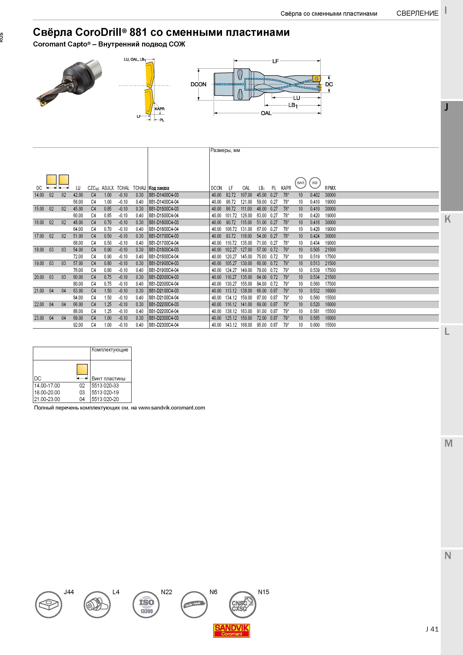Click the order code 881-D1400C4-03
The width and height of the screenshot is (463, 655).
[x=164, y=195]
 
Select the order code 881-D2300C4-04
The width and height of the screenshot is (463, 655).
[x=164, y=325]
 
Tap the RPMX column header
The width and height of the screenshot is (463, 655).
[x=330, y=188]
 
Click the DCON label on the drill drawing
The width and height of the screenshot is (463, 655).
[x=198, y=84]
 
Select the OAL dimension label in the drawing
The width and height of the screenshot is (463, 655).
[x=266, y=113]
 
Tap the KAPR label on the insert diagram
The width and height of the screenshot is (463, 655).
[x=159, y=109]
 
